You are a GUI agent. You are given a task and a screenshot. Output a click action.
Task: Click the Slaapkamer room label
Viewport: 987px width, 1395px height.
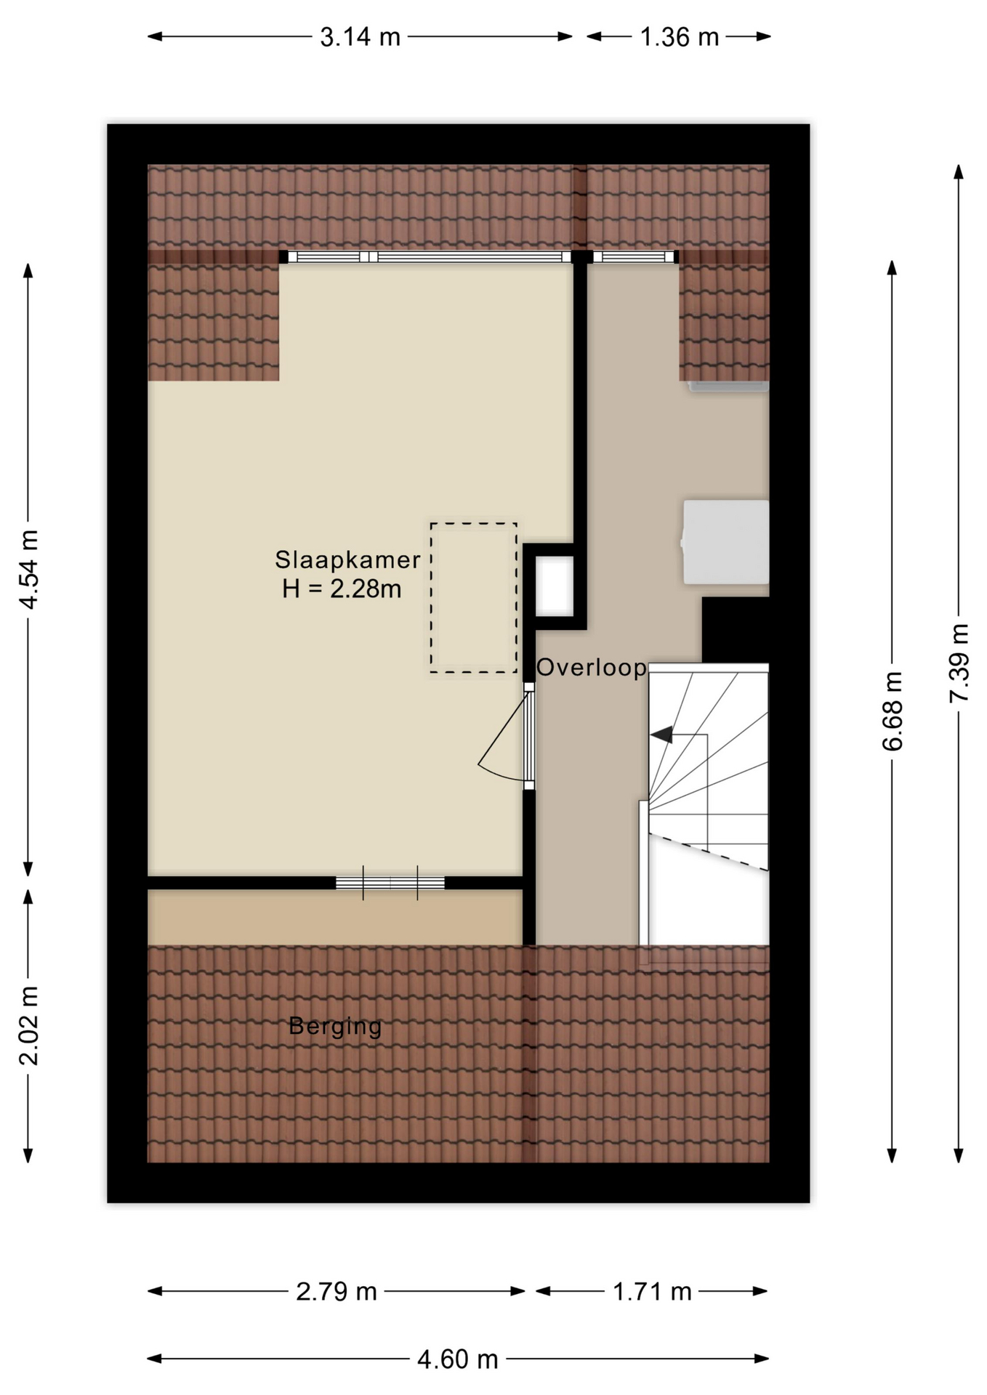pyautogui.click(x=347, y=559)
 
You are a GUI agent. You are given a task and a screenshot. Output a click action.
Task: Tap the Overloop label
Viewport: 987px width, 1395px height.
pyautogui.click(x=592, y=667)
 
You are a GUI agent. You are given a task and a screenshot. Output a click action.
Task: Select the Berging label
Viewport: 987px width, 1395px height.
pyautogui.click(x=335, y=1026)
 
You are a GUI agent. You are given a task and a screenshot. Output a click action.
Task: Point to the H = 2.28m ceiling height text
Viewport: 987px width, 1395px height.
pyautogui.click(x=342, y=589)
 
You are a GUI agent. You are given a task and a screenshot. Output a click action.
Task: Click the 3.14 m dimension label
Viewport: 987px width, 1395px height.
pyautogui.click(x=360, y=36)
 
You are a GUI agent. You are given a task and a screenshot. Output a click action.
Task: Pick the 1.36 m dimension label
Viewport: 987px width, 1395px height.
pyautogui.click(x=679, y=36)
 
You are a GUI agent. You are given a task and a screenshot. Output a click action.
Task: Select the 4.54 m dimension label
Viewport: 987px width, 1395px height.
pyautogui.click(x=29, y=569)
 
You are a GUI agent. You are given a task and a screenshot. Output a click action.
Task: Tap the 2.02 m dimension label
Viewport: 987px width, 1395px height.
pyautogui.click(x=29, y=1025)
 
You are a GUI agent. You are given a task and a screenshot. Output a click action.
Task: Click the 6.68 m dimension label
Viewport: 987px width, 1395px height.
pyautogui.click(x=893, y=711)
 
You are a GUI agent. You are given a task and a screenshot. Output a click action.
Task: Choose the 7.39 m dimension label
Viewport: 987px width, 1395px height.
pyautogui.click(x=959, y=663)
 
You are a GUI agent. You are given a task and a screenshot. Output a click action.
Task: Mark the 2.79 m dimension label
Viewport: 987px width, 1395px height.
pyautogui.click(x=337, y=1291)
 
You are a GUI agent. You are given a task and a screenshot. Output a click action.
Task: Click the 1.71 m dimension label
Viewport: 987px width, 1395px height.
pyautogui.click(x=652, y=1291)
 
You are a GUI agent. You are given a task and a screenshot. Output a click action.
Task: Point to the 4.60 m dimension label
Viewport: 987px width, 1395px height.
pyautogui.click(x=458, y=1359)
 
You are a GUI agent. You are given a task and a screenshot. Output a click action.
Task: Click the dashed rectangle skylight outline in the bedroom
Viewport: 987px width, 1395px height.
pyautogui.click(x=431, y=597)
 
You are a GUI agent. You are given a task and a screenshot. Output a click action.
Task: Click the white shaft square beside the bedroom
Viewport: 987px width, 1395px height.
pyautogui.click(x=555, y=586)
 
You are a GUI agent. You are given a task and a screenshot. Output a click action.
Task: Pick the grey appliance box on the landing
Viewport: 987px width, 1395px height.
pyautogui.click(x=725, y=541)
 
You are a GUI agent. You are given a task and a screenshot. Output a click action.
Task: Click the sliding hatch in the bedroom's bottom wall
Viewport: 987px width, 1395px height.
pyautogui.click(x=390, y=883)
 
